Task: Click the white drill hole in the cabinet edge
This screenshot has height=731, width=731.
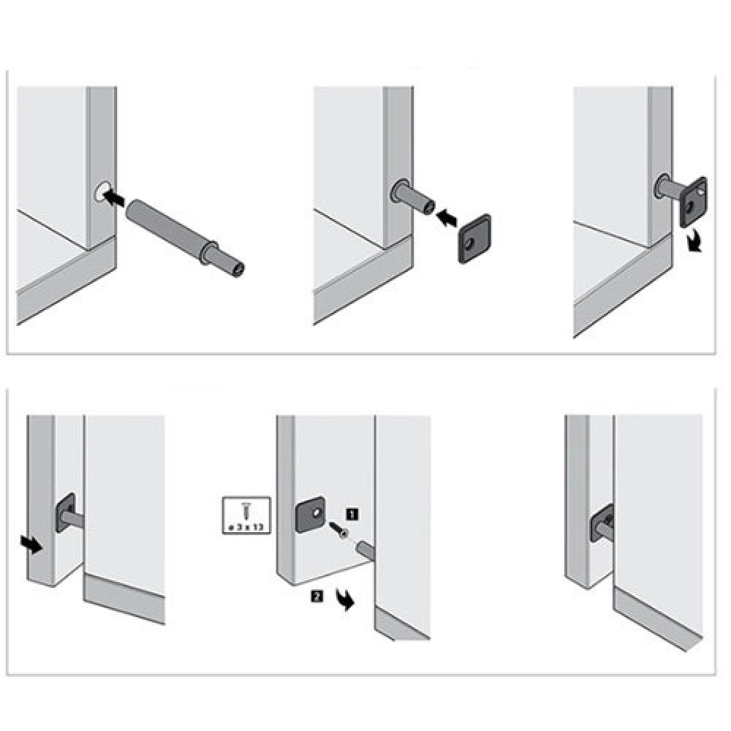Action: (102, 191)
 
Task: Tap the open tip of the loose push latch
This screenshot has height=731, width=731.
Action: (239, 268)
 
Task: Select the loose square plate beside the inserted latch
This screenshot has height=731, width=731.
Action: (474, 239)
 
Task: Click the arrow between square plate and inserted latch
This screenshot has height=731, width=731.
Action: (447, 218)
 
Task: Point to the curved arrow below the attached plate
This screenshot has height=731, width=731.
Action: (694, 241)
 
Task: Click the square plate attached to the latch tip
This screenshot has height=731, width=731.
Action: (694, 202)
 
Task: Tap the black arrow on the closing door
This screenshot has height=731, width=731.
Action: (31, 544)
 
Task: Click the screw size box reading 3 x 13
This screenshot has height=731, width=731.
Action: (246, 515)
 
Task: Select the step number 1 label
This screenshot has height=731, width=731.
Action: (352, 514)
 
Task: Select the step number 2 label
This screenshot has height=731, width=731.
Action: (317, 596)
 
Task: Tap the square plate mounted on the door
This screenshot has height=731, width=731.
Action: (311, 515)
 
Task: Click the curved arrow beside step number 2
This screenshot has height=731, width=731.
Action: (345, 599)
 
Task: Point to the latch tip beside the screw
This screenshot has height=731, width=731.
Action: (364, 550)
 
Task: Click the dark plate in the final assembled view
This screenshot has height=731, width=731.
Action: (602, 523)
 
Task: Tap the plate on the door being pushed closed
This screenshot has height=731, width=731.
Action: (65, 513)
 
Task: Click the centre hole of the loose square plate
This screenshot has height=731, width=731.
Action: (469, 243)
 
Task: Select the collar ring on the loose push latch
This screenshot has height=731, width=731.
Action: (208, 253)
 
